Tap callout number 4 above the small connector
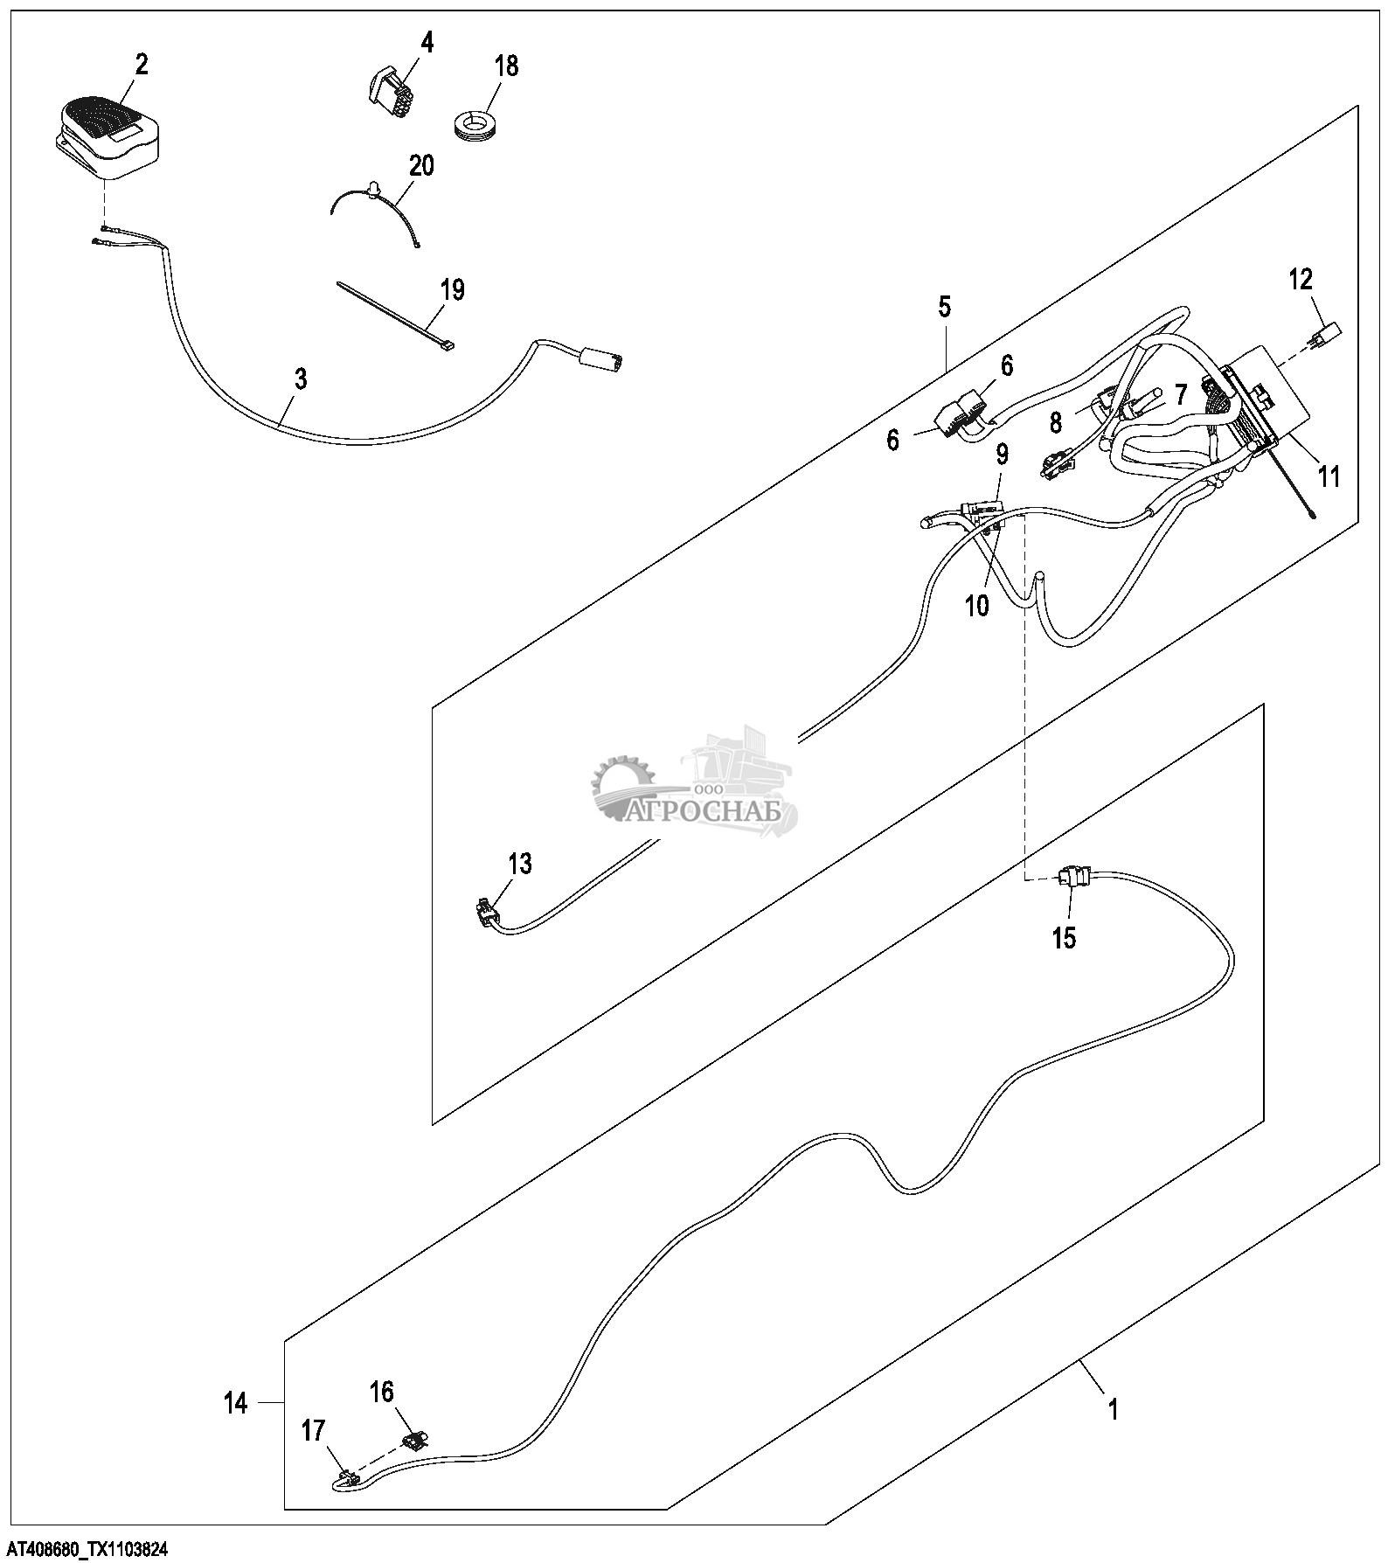tap(427, 42)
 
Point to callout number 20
tap(421, 165)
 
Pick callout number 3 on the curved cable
tap(300, 379)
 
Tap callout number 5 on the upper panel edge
tap(945, 308)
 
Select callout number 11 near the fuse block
tap(1329, 476)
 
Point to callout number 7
tap(1180, 395)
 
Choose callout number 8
tap(1056, 423)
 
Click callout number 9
tap(1002, 455)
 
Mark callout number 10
tap(976, 605)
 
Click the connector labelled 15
tap(1072, 876)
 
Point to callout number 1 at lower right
tap(1113, 1409)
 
